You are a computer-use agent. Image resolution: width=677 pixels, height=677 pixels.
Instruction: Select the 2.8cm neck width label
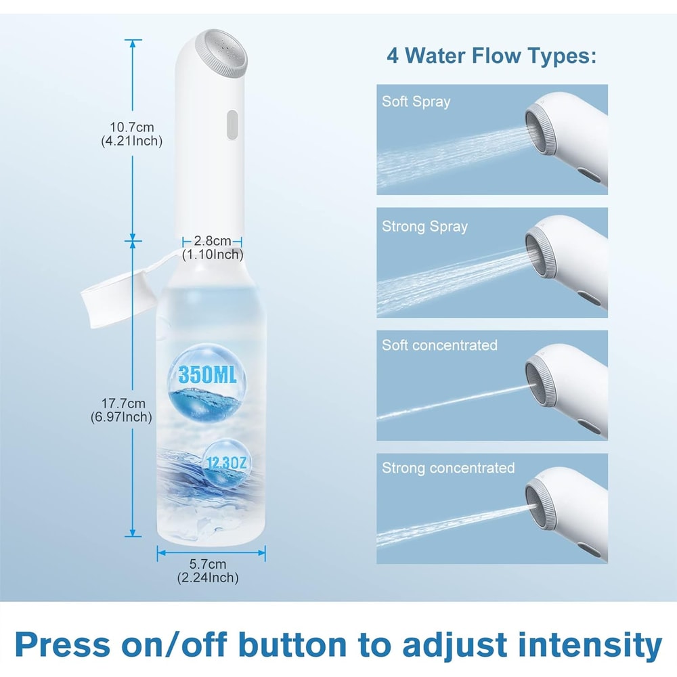click(212, 248)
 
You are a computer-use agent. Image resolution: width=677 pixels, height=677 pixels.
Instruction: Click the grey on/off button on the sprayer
click(231, 125)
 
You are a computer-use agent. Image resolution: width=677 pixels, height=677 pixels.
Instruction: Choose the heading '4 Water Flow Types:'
click(492, 55)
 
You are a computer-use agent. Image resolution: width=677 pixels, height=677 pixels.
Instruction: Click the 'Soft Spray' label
click(416, 102)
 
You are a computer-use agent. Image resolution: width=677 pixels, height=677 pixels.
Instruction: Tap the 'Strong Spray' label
click(424, 225)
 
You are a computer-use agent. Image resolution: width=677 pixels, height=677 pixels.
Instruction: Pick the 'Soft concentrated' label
click(439, 345)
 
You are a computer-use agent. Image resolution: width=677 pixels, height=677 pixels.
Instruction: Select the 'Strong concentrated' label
click(448, 468)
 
